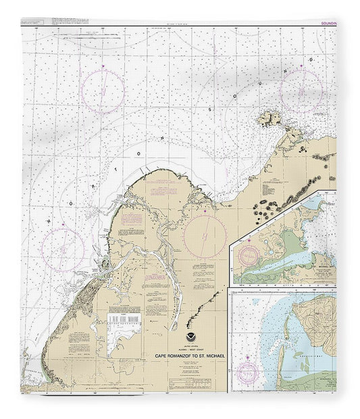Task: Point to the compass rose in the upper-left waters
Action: point(103,90)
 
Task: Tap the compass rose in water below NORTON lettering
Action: point(62,247)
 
